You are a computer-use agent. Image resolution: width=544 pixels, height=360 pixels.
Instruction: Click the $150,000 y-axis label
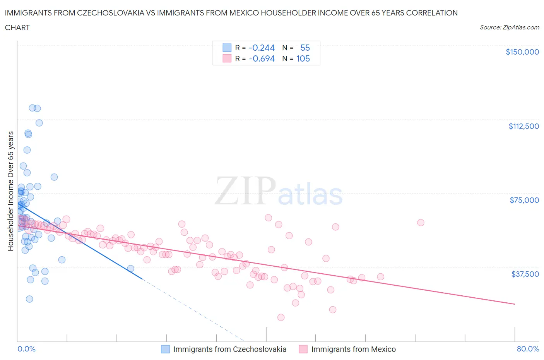pyautogui.click(x=522, y=52)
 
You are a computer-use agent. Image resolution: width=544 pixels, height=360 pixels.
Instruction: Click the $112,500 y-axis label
pyautogui.click(x=523, y=126)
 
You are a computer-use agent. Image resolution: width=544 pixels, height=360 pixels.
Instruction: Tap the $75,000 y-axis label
pyautogui.click(x=524, y=200)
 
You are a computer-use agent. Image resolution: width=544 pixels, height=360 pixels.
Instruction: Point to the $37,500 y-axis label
pyautogui.click(x=525, y=274)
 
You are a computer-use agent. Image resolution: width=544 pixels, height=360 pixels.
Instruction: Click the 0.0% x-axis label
pyautogui.click(x=26, y=349)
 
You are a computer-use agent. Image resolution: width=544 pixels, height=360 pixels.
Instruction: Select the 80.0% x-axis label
pyautogui.click(x=527, y=349)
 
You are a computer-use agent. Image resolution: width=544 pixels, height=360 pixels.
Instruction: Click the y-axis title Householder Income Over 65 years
pyautogui.click(x=11, y=191)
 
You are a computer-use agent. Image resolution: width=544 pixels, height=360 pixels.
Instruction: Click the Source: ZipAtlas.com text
pyautogui.click(x=509, y=27)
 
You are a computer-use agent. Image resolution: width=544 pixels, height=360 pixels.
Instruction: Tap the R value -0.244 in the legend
pyautogui.click(x=262, y=48)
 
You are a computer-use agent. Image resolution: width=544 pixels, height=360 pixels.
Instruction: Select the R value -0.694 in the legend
pyautogui.click(x=262, y=58)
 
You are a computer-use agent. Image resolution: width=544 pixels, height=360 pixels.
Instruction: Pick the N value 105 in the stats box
pyautogui.click(x=303, y=58)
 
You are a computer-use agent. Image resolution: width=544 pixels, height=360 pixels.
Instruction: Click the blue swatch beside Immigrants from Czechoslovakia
pyautogui.click(x=165, y=349)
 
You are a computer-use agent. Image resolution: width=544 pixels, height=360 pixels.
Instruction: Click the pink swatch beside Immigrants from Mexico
pyautogui.click(x=303, y=349)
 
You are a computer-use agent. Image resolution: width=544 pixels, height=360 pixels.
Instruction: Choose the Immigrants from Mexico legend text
pyautogui.click(x=353, y=349)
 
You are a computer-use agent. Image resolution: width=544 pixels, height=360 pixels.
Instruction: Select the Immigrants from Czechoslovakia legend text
pyautogui.click(x=229, y=349)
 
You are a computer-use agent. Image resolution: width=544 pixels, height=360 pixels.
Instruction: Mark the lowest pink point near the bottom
pyautogui.click(x=281, y=317)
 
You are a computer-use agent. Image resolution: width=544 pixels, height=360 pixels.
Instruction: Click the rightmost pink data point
pyautogui.click(x=421, y=223)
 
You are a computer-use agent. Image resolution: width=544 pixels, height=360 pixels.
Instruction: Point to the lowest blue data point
pyautogui.click(x=29, y=299)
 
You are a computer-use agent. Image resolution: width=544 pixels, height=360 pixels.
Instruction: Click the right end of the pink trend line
pyautogui.click(x=515, y=304)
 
